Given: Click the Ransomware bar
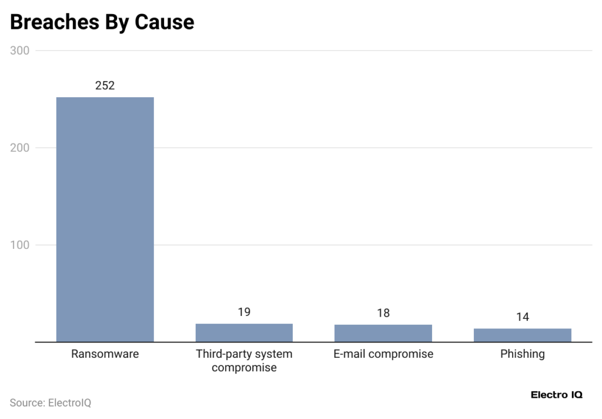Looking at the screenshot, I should click(x=105, y=219).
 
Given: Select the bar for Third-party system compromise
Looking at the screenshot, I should click(x=244, y=332).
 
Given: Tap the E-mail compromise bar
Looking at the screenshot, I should click(x=383, y=333).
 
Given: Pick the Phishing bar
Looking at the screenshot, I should click(x=522, y=335).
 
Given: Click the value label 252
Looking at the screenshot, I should click(x=105, y=85).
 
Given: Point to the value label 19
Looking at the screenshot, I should click(x=244, y=312).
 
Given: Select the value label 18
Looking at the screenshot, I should click(x=383, y=313).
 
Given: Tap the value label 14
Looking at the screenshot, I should click(x=522, y=317).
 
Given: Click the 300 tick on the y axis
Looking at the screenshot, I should click(x=20, y=51).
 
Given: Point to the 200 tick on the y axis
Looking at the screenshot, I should click(x=20, y=148).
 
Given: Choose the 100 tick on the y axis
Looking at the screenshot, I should click(x=20, y=245).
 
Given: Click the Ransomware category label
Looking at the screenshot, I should click(x=105, y=354).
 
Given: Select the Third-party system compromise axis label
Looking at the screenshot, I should click(x=244, y=361).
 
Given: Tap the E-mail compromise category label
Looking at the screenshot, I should click(x=383, y=354).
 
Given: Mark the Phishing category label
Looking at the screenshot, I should click(x=522, y=354).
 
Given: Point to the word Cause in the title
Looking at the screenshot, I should click(x=164, y=22).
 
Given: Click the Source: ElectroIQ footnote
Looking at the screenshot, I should click(x=51, y=403).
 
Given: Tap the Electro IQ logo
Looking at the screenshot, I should click(x=556, y=395).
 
